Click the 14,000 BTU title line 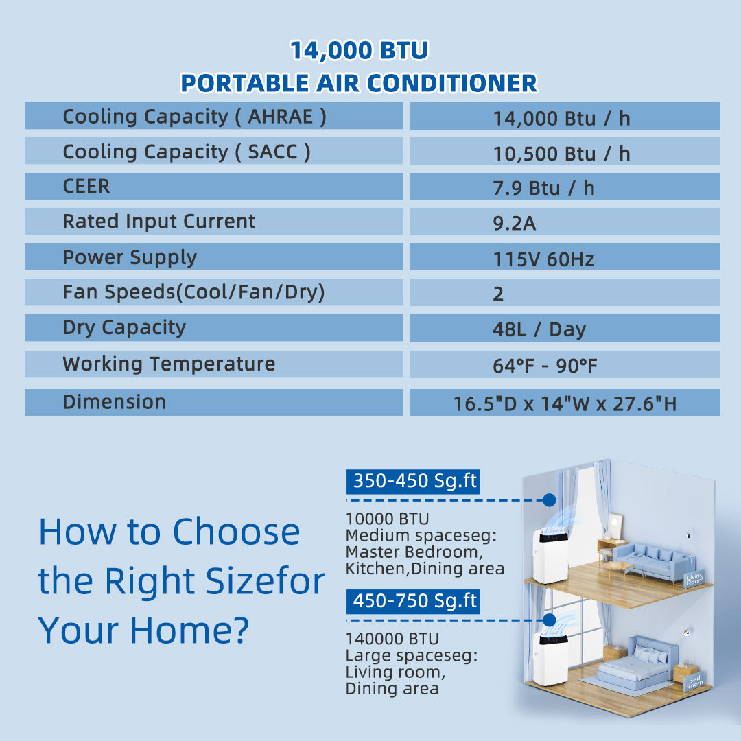click(x=359, y=51)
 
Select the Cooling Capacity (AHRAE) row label click(x=194, y=117)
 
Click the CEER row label click(x=86, y=186)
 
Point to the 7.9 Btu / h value click(x=543, y=188)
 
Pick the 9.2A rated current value click(x=514, y=223)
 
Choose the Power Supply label click(x=130, y=257)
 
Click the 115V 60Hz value click(x=543, y=259)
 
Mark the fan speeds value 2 click(x=498, y=294)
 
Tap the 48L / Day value click(x=539, y=329)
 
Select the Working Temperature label click(x=169, y=364)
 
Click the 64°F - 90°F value click(x=545, y=365)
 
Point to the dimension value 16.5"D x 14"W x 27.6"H click(x=565, y=403)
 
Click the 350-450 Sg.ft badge click(x=413, y=482)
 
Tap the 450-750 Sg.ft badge click(x=413, y=602)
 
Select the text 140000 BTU click(x=392, y=639)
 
